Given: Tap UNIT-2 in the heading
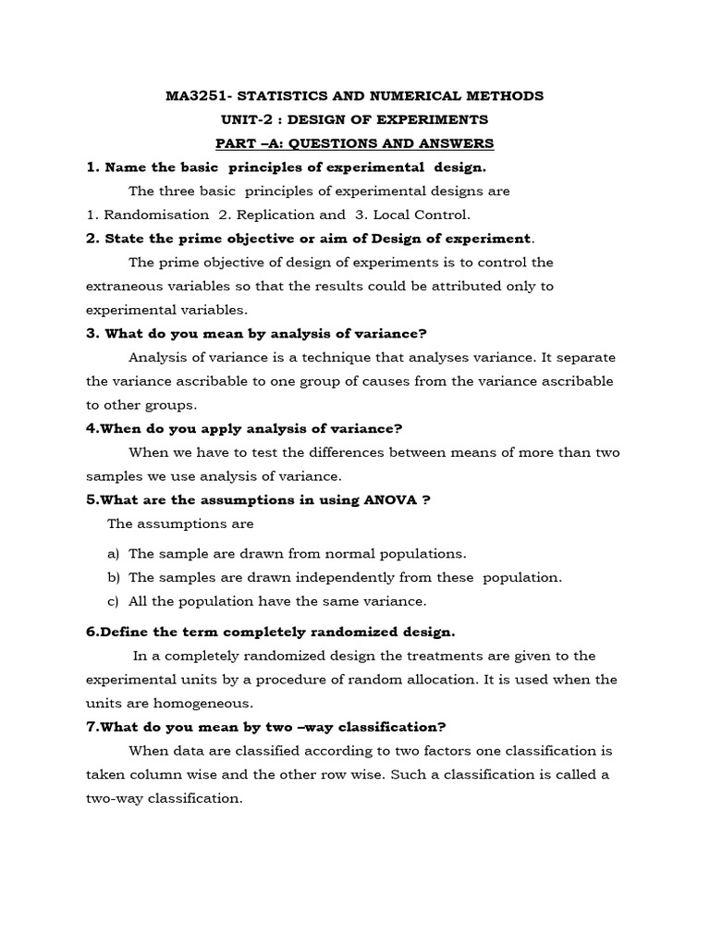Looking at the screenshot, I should [x=250, y=119].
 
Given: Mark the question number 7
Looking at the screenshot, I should [x=92, y=727].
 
